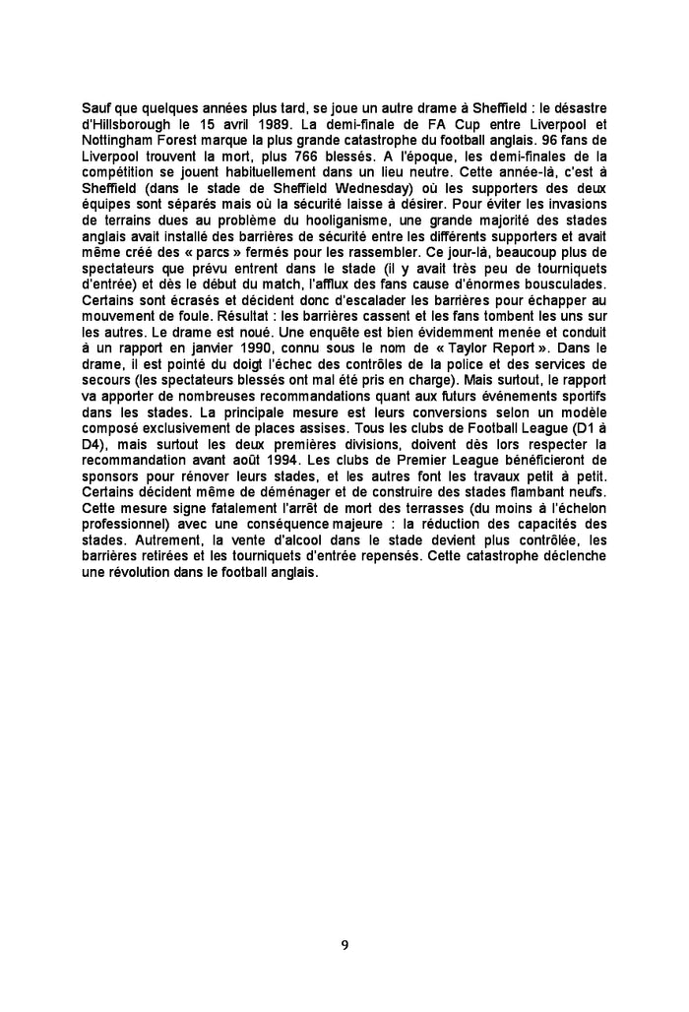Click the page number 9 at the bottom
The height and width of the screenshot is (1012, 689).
pos(344,946)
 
